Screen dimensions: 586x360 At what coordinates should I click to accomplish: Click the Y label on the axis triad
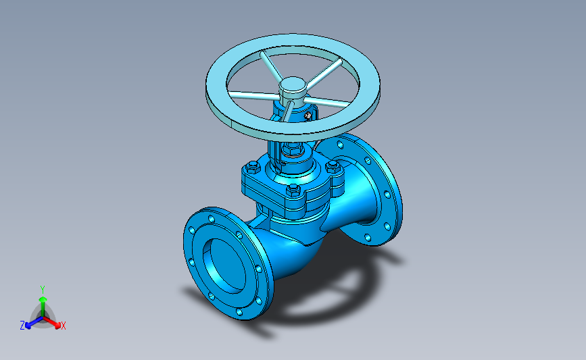43,290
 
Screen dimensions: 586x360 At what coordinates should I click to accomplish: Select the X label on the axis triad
63,326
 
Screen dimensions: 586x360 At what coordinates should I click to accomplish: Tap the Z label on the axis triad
22,326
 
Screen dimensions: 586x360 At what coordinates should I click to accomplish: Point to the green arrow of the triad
43,307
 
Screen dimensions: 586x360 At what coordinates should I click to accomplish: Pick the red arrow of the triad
52,322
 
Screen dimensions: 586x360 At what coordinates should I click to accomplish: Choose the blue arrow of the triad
34,322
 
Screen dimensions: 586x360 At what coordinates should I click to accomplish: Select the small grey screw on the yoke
308,116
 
